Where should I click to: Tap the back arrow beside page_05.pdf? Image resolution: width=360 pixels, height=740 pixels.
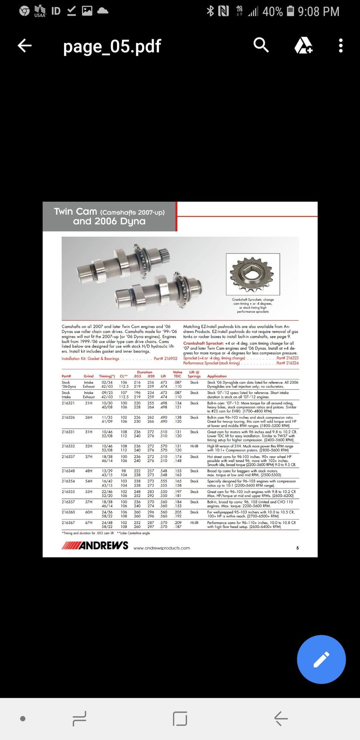tap(25, 46)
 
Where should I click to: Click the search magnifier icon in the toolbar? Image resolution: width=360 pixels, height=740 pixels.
tap(261, 45)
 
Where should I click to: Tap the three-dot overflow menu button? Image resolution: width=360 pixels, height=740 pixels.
tap(341, 46)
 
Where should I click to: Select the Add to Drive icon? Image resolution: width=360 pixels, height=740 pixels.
tap(303, 46)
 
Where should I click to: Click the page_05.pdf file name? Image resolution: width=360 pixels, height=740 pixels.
tap(112, 47)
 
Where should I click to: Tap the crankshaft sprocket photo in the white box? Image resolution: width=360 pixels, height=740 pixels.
tap(253, 274)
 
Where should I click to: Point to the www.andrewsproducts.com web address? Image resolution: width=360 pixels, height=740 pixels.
tap(161, 548)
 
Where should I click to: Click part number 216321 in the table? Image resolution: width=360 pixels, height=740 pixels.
tap(68, 403)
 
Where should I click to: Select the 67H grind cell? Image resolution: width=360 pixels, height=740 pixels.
tap(89, 522)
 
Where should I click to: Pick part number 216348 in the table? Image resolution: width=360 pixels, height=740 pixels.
tap(68, 471)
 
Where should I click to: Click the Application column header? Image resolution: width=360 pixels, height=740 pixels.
tap(217, 376)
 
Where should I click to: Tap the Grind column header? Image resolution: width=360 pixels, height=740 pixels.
tap(88, 376)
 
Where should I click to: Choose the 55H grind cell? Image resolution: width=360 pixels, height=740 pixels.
tap(89, 492)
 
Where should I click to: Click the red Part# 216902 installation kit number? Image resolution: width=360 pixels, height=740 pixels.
tap(165, 359)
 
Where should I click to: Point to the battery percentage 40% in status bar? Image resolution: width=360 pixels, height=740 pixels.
tap(272, 12)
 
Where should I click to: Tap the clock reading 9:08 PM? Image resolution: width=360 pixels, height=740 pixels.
tap(318, 12)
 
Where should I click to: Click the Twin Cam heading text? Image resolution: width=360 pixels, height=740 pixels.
tap(75, 212)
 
